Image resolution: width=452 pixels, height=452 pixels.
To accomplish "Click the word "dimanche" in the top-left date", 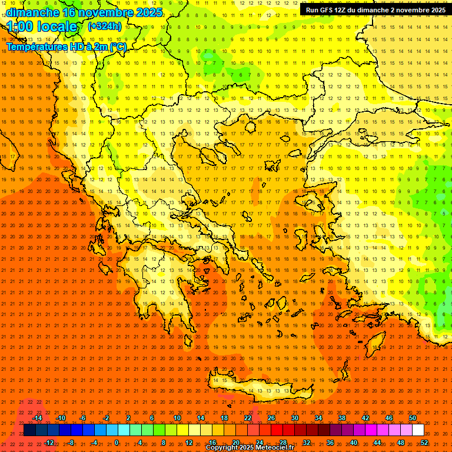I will [x=32, y=12].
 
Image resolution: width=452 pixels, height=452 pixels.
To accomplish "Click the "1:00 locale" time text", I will [x=42, y=26].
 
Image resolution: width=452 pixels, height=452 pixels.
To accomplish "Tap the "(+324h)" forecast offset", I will [x=105, y=26].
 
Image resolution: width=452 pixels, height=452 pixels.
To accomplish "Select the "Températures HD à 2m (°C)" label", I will [x=66, y=46].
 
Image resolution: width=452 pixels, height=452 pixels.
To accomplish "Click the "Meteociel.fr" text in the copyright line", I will [x=275, y=448].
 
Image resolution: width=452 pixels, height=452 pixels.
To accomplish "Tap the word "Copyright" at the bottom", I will [x=222, y=448].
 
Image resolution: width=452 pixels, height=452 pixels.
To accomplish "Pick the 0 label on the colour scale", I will [x=117, y=443].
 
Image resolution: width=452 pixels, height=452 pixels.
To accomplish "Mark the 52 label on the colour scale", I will [x=424, y=443].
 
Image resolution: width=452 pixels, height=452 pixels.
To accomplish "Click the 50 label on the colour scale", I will [x=412, y=418].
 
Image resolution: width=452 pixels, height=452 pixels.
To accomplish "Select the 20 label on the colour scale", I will [x=235, y=443].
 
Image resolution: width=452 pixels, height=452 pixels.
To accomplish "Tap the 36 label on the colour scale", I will [x=330, y=443].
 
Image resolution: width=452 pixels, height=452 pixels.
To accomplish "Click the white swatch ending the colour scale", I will [x=418, y=430].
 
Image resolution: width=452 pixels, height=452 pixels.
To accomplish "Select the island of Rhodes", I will [x=375, y=344].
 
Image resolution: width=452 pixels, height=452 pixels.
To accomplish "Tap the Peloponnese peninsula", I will [x=159, y=294].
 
